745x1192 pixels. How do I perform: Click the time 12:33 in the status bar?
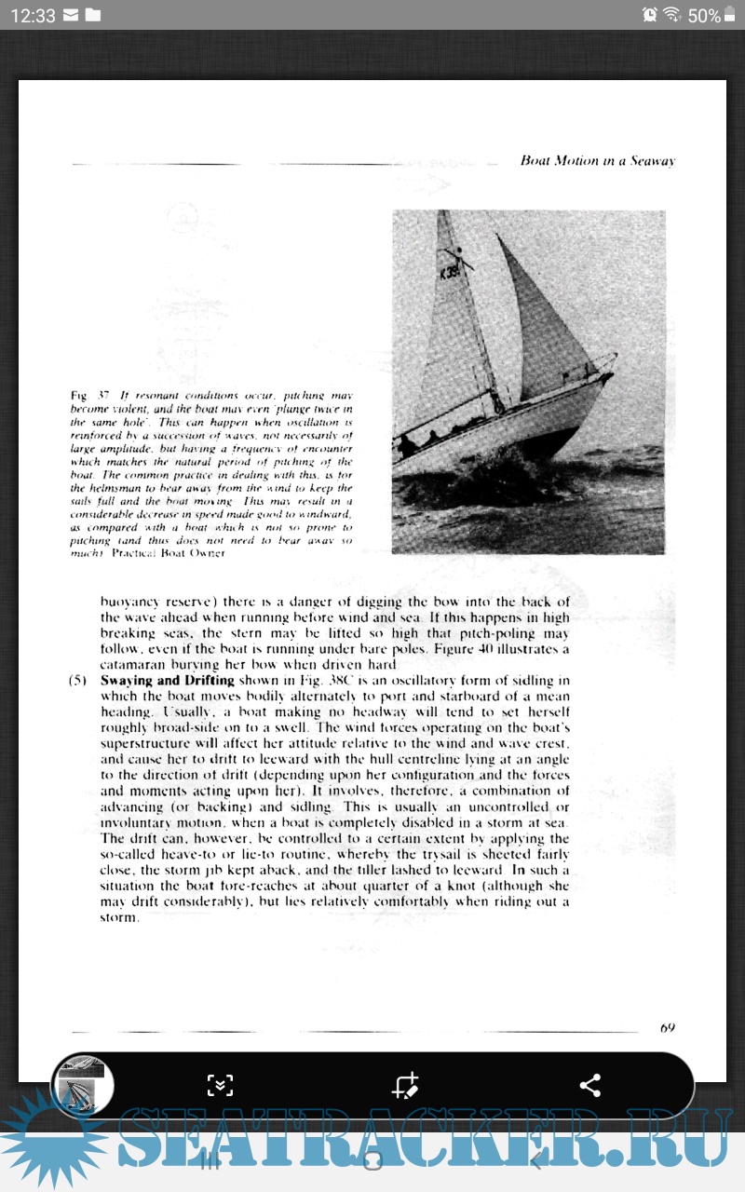coord(34,15)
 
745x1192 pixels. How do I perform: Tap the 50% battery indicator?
coord(705,15)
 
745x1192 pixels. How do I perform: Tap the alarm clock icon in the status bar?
coord(649,15)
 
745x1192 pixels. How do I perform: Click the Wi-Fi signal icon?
coord(671,15)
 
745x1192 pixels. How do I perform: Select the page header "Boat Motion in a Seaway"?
coord(597,160)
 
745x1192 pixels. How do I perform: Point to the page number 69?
coord(667,1028)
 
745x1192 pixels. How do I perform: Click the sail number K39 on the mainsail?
coord(449,273)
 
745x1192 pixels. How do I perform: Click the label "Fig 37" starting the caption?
coord(85,395)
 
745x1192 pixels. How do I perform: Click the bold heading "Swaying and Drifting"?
coord(167,681)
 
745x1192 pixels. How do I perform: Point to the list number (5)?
coord(78,681)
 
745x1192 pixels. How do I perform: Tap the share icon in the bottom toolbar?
coord(590,1085)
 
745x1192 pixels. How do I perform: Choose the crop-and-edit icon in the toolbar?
coord(405,1085)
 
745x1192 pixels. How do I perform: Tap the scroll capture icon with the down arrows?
coord(220,1085)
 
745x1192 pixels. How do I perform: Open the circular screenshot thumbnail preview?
coord(82,1086)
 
